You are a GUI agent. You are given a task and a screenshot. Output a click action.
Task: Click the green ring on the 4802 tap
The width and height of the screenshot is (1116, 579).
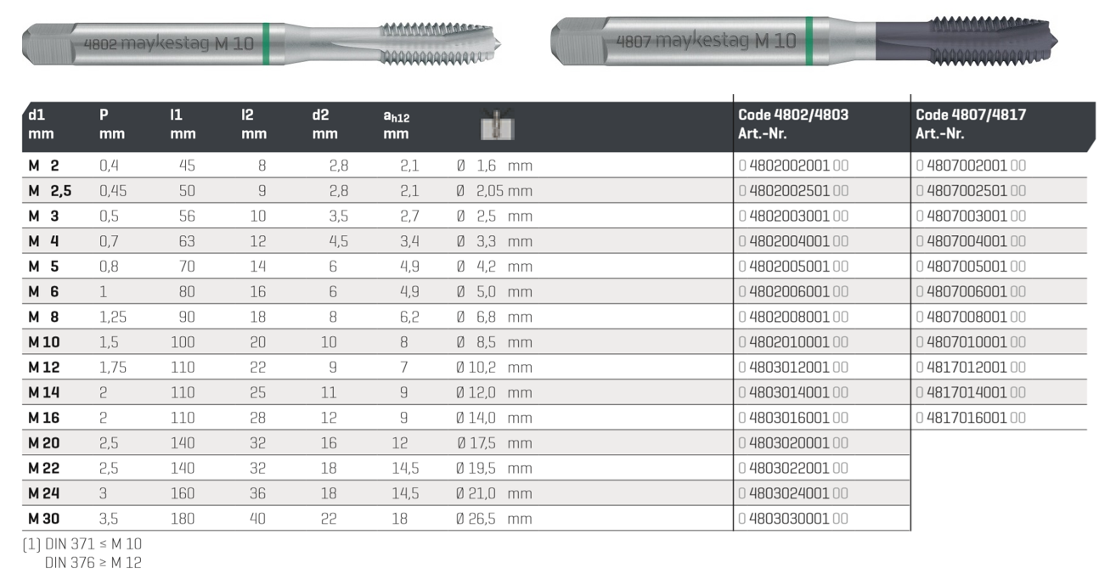coord(266,44)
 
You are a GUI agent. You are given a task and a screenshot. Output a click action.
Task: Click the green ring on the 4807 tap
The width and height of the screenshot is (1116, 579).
coord(809,41)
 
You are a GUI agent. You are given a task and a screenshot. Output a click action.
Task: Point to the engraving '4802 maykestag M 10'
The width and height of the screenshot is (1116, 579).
coord(169,44)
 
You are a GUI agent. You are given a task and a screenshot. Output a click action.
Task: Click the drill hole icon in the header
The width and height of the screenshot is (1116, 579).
coord(497,125)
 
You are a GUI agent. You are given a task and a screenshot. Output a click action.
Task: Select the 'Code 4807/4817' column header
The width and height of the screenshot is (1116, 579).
coord(971,124)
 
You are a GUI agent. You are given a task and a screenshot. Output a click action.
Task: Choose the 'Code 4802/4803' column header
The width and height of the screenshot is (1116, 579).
coord(793,124)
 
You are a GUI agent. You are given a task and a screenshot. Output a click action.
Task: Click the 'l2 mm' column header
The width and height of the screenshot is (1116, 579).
coord(254,124)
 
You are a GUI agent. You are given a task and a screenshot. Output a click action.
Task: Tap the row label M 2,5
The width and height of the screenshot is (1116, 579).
coord(50,191)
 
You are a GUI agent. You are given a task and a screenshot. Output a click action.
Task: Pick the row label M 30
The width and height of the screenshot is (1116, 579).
coord(44,519)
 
